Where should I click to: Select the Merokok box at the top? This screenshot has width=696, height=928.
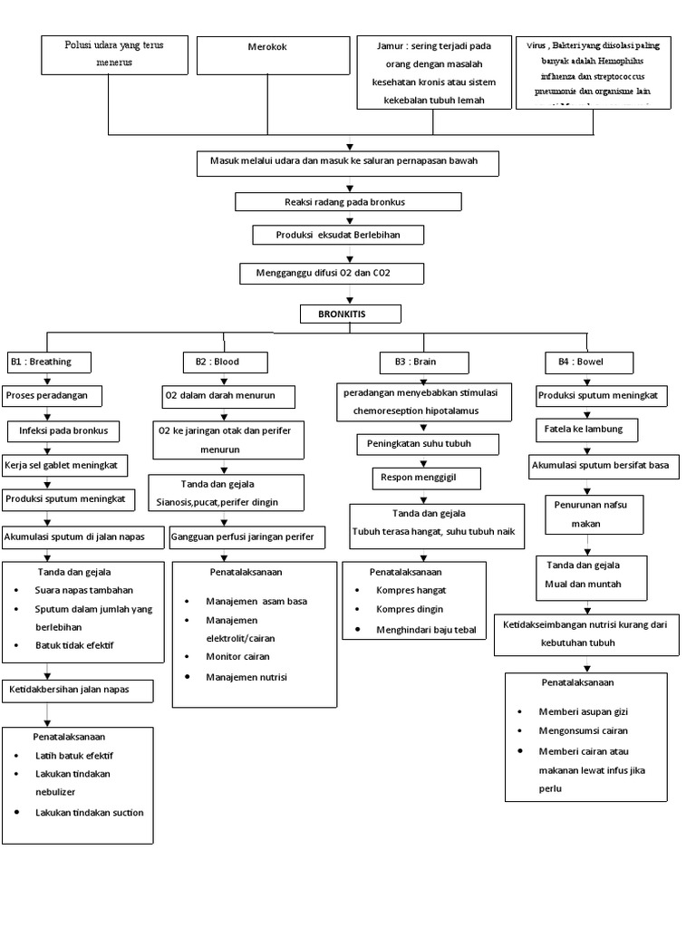click(x=273, y=55)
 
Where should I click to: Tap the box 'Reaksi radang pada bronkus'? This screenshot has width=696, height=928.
click(x=348, y=201)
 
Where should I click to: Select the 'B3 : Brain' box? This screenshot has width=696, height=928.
click(x=424, y=362)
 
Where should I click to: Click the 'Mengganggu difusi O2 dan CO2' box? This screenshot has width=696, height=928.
click(x=331, y=273)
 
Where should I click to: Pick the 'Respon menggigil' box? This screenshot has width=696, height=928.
click(x=426, y=477)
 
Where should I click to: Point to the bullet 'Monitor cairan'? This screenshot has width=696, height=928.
click(x=237, y=656)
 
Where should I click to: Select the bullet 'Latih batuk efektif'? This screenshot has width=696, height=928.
click(x=74, y=755)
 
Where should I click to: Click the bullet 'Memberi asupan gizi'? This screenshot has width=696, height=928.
click(x=579, y=711)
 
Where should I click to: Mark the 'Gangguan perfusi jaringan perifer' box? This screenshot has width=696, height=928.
click(x=246, y=537)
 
